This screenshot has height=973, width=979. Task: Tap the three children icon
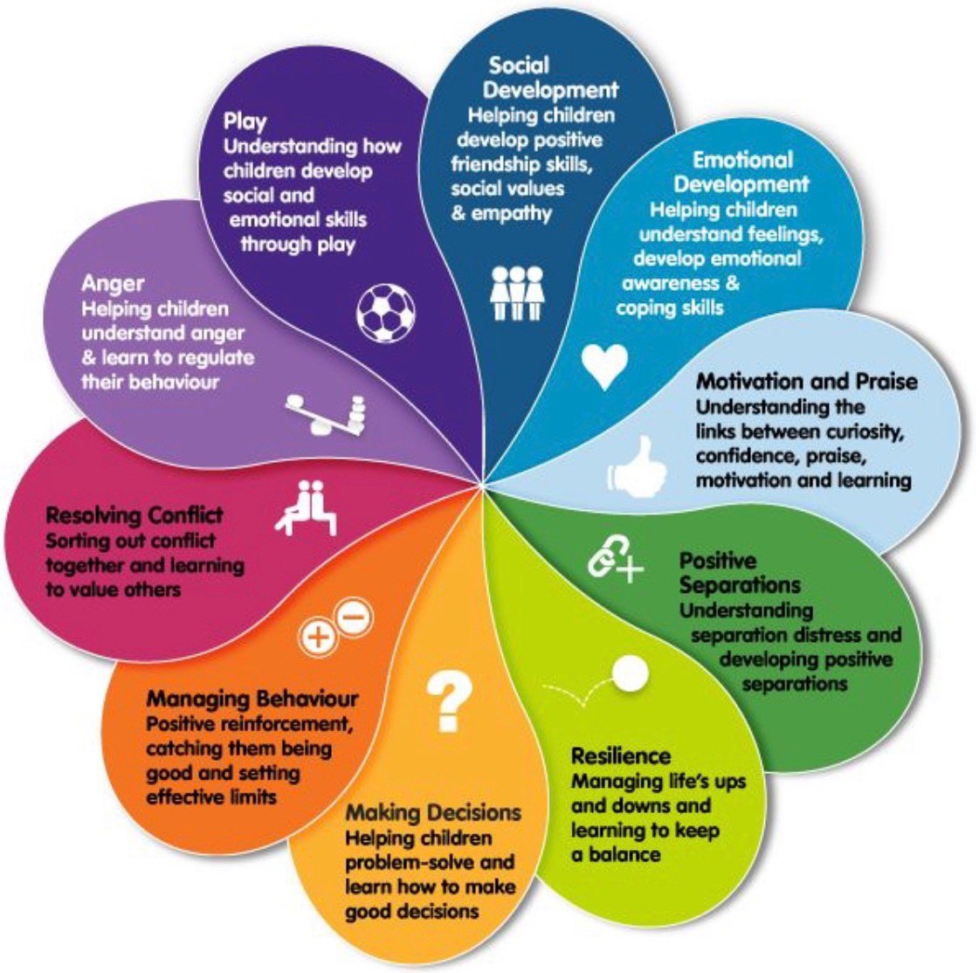point(517,293)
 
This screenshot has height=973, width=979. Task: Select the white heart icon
point(605,367)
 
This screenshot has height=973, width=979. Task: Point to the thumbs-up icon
point(637,466)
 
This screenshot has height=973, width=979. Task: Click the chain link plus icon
point(614,561)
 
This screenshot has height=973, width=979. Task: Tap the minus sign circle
point(354,618)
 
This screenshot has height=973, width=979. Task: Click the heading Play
point(245,121)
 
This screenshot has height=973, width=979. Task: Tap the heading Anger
point(113,284)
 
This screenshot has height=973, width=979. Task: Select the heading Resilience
point(620,756)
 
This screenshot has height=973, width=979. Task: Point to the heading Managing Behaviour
point(252,699)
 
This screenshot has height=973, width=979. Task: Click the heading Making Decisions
point(433,812)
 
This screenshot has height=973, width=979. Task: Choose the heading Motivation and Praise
point(806,382)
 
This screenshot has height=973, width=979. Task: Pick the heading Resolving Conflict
point(134,514)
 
